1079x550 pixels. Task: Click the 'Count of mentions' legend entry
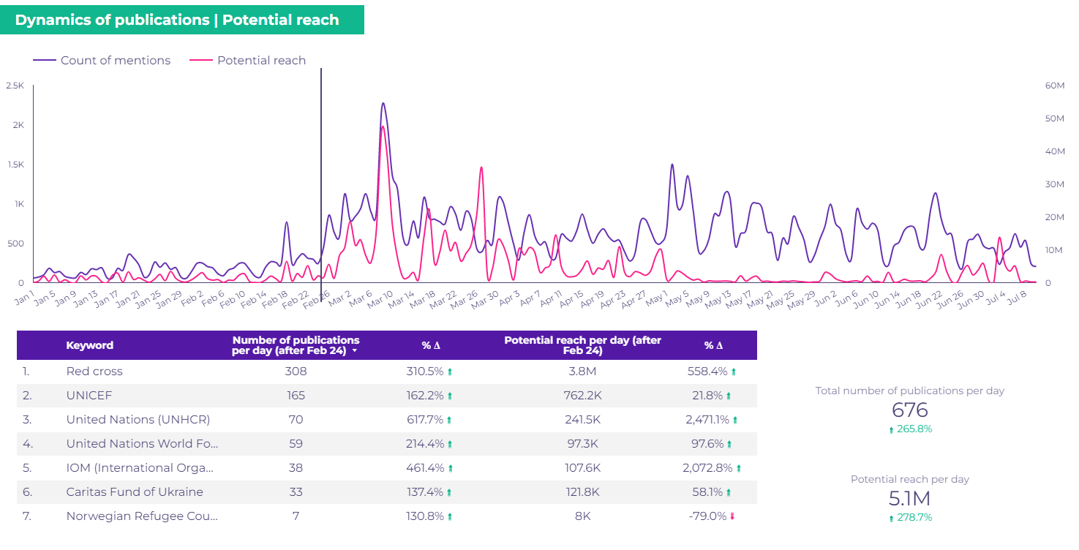click(x=115, y=61)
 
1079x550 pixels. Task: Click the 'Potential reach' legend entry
click(x=261, y=61)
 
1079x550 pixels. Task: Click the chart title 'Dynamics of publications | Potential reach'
click(x=177, y=20)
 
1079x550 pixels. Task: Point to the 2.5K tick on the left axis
click(x=15, y=86)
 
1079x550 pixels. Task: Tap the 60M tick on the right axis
click(x=1054, y=86)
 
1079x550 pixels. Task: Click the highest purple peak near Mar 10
click(x=383, y=104)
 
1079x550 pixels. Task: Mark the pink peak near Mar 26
click(x=481, y=168)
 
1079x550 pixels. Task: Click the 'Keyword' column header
click(x=89, y=345)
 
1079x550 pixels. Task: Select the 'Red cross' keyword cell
click(x=94, y=372)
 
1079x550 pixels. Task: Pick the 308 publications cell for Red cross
click(x=296, y=372)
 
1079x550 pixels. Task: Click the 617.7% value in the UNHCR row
click(x=425, y=420)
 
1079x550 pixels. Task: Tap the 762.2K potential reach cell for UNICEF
click(x=582, y=396)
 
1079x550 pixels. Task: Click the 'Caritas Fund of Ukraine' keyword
click(x=135, y=492)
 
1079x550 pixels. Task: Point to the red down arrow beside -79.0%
click(x=732, y=516)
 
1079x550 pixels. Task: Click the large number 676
click(x=910, y=410)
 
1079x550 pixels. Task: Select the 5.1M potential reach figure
click(x=910, y=499)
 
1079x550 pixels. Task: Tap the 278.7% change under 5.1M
click(x=914, y=518)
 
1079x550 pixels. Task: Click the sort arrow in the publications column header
click(x=355, y=351)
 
